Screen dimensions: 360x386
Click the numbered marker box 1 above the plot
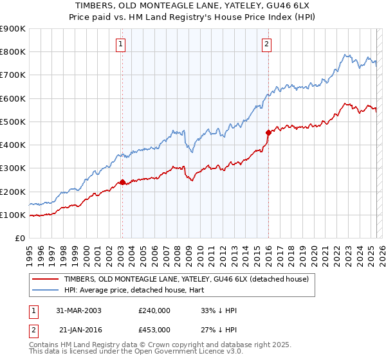click(x=121, y=44)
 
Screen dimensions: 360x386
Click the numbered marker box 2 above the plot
click(x=266, y=44)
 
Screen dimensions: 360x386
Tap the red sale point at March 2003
click(x=122, y=183)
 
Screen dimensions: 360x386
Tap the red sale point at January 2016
click(x=268, y=132)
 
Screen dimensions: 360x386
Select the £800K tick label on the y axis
click(x=13, y=52)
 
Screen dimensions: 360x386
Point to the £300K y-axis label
click(x=13, y=168)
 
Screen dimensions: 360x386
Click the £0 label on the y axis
click(x=20, y=239)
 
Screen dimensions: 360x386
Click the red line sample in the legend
click(x=46, y=279)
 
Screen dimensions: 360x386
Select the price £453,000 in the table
click(x=154, y=329)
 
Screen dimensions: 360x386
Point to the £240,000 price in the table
click(x=154, y=310)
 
